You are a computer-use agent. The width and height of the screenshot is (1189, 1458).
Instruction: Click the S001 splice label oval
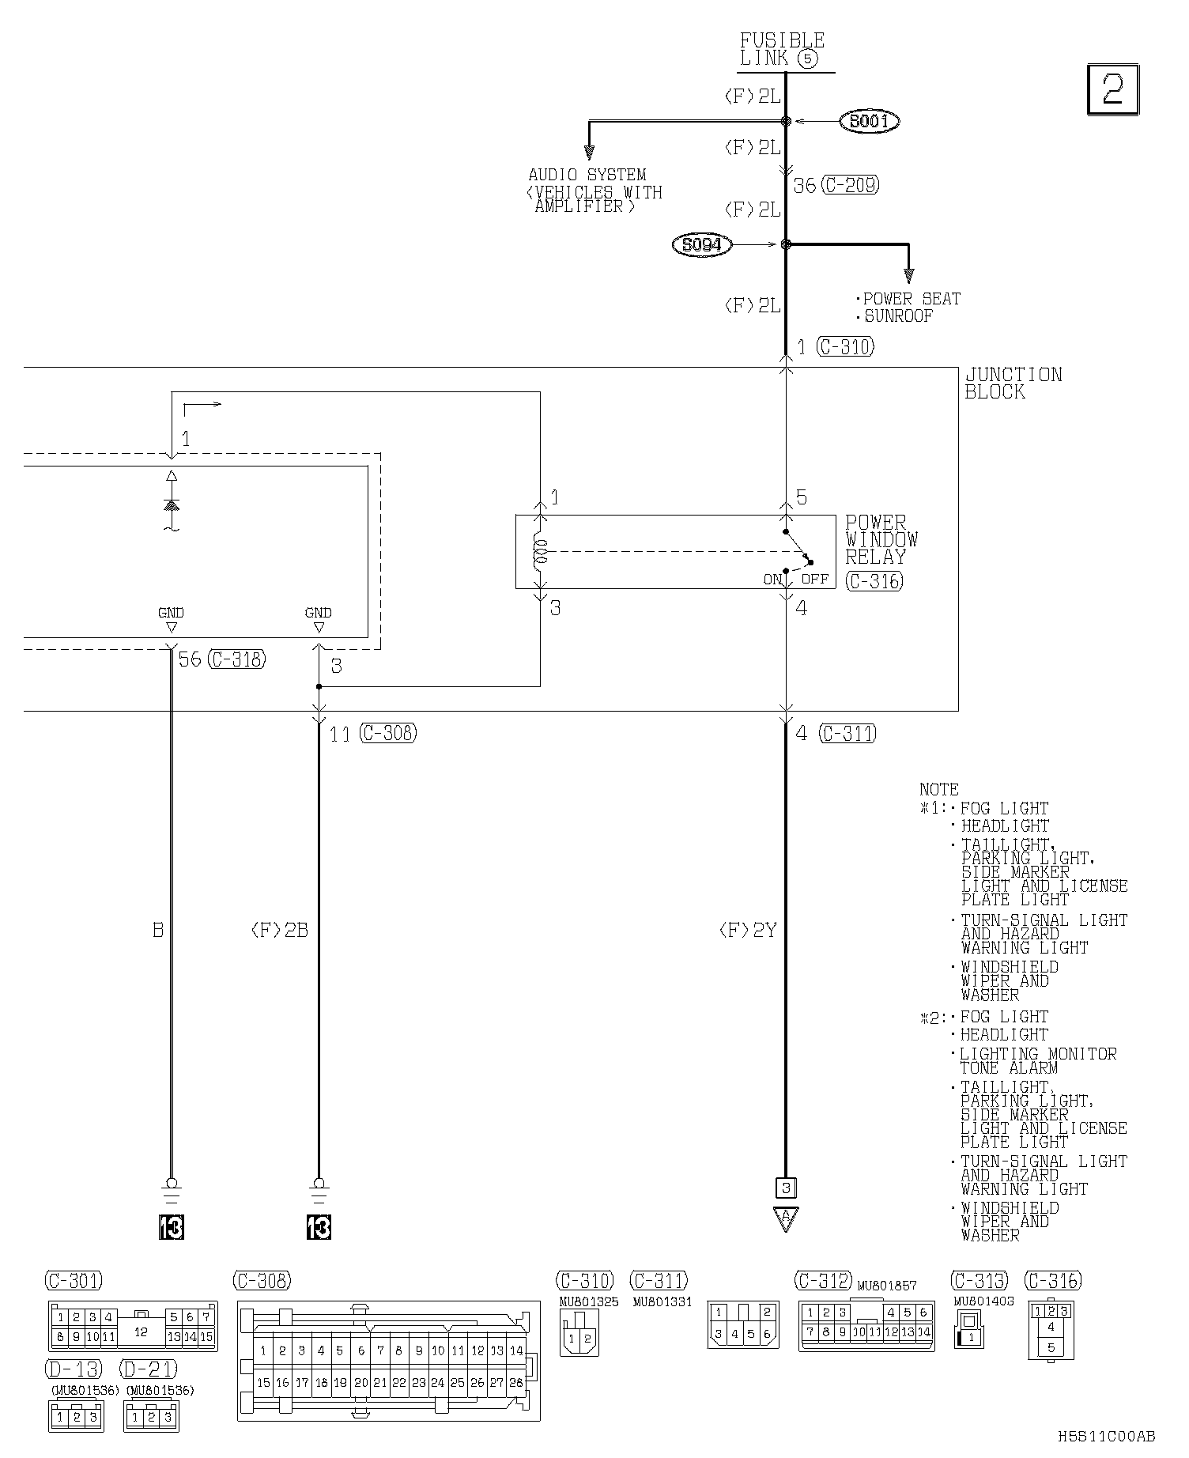(870, 121)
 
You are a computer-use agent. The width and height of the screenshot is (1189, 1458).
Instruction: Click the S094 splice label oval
(702, 245)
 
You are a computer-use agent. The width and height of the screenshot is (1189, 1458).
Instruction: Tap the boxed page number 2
(1113, 89)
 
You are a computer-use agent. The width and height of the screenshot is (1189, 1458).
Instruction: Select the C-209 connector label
(850, 185)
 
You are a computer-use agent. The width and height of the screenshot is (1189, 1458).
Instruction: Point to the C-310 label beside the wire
(845, 346)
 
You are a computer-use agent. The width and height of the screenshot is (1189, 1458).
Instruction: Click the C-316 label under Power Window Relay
(874, 580)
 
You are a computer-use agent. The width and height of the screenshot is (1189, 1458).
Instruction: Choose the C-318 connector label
(236, 659)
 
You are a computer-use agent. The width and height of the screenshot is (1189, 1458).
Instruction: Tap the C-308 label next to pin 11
(387, 733)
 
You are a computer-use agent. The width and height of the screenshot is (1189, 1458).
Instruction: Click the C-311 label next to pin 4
(847, 733)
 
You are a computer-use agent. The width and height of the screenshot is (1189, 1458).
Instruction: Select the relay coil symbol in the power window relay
(540, 552)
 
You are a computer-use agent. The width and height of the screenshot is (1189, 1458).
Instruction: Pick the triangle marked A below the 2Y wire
(785, 1218)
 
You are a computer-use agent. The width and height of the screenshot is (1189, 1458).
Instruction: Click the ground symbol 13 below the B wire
(171, 1227)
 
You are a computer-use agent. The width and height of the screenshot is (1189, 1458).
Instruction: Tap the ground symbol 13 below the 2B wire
(319, 1227)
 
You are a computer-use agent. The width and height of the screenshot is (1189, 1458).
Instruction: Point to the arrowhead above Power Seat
(908, 276)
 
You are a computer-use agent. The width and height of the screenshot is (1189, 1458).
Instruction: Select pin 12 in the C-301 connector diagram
(141, 1331)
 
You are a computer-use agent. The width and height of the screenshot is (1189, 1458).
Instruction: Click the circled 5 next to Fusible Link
(807, 59)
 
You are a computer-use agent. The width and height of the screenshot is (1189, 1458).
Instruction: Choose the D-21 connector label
(149, 1369)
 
